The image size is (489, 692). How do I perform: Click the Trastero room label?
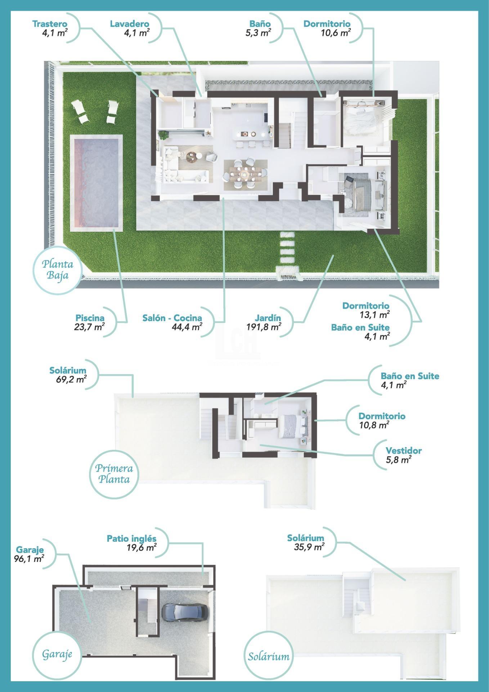coord(50,24)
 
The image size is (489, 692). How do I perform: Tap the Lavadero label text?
coord(129,24)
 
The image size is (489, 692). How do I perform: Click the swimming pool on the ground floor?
coord(96,183)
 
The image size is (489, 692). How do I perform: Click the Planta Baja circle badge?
coord(58,270)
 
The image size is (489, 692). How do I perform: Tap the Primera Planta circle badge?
coord(114,474)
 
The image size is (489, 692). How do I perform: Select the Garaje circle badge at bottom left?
coord(57,654)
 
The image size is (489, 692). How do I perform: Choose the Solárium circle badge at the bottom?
coord(269,656)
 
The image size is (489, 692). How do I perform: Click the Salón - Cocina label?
coord(172,318)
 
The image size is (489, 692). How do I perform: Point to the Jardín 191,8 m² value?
coord(264,327)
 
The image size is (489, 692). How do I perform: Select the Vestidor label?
coord(403,451)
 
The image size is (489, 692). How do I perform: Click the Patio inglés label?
coord(131,538)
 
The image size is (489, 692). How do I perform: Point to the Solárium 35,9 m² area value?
coord(309,547)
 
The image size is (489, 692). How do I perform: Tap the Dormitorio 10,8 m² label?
coord(382,416)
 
